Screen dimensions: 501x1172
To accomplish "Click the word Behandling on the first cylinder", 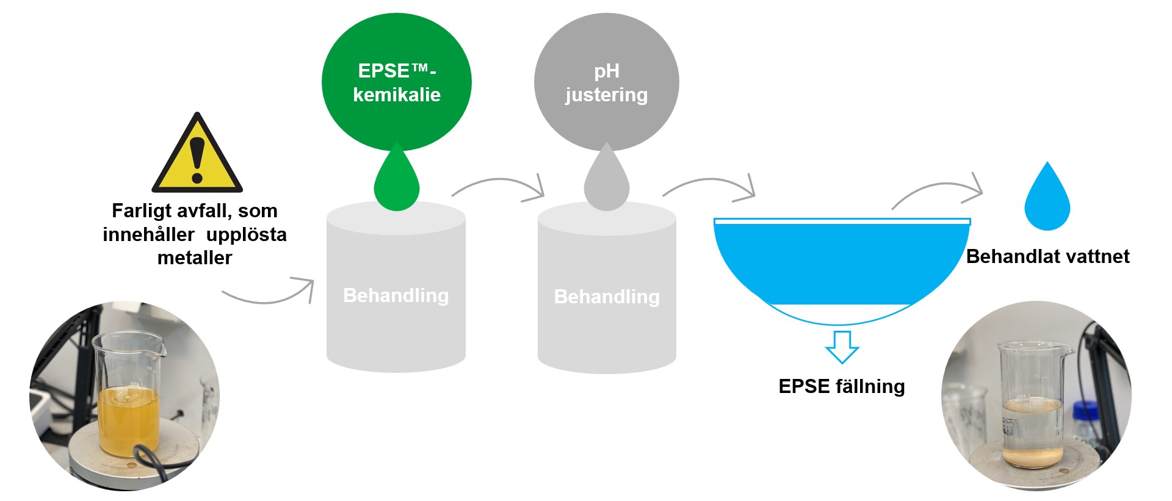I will [x=396, y=295].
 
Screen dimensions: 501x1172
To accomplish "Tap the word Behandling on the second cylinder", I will [x=607, y=297].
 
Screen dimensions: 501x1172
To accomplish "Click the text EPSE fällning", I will [x=841, y=386].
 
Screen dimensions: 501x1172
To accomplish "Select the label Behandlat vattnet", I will [x=1047, y=256].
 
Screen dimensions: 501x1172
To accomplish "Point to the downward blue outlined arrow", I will [x=842, y=347].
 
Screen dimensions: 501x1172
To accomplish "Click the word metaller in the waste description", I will [x=195, y=258].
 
